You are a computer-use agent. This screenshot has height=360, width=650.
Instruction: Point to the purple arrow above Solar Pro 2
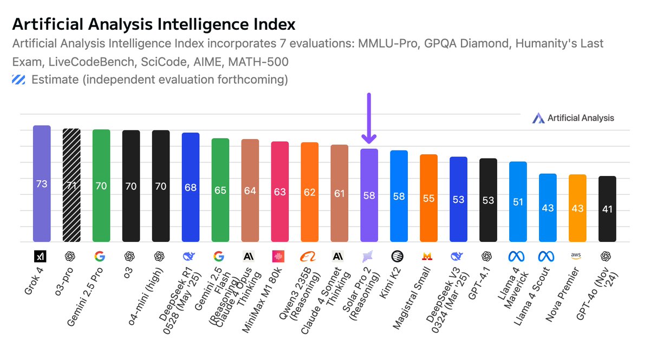[369, 119]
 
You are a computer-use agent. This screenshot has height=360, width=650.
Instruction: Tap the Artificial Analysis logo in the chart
[573, 118]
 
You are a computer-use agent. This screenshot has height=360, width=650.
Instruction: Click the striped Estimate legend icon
[19, 80]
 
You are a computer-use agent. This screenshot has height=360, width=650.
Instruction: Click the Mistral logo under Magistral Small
[428, 256]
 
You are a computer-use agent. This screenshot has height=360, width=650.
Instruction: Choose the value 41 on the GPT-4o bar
[607, 209]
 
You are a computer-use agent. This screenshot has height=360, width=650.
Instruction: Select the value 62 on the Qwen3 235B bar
[309, 192]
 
